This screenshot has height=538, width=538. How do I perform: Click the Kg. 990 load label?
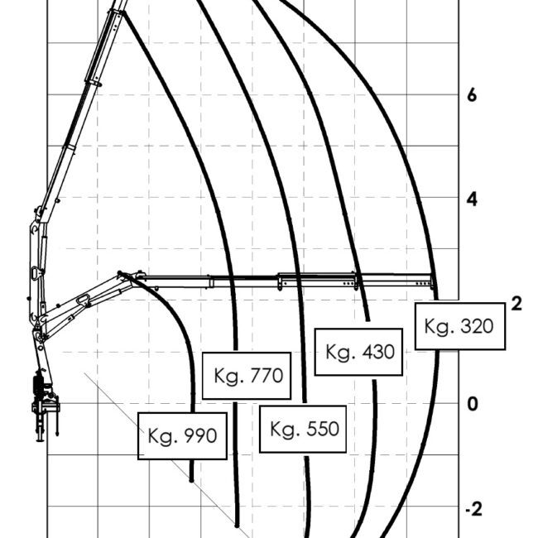(x=182, y=435)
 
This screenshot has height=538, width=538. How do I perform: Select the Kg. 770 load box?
(x=247, y=376)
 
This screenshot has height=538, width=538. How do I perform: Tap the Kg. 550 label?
(x=303, y=430)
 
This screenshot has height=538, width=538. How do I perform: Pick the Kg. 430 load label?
(x=358, y=352)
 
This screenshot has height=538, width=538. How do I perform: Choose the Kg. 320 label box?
(x=460, y=326)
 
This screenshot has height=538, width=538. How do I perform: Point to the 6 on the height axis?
(x=472, y=95)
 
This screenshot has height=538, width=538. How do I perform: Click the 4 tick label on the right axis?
(x=472, y=199)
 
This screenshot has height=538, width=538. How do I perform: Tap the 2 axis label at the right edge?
(x=516, y=304)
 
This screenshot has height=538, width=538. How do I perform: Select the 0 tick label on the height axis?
(x=473, y=404)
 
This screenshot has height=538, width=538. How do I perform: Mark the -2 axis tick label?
(x=473, y=509)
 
